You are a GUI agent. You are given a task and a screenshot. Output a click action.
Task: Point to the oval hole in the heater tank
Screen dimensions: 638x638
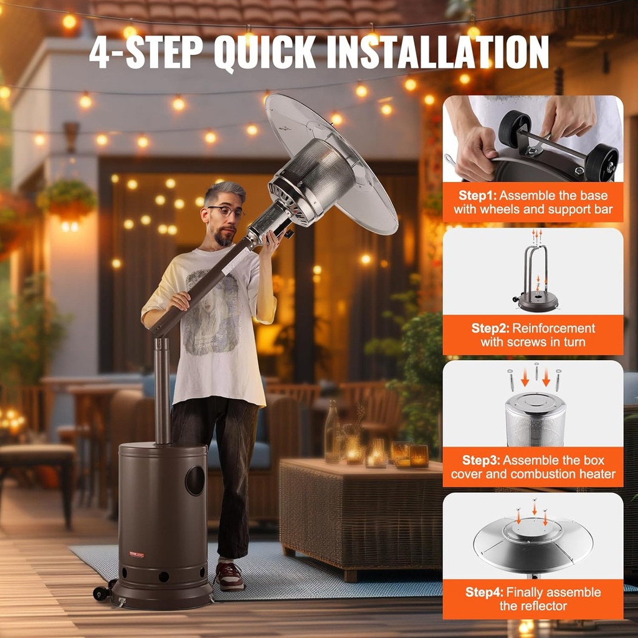click(194, 480)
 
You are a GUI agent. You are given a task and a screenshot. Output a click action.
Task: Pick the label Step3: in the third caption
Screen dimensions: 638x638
click(482, 460)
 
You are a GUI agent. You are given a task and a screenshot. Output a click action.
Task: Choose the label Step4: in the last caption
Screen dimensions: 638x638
click(485, 593)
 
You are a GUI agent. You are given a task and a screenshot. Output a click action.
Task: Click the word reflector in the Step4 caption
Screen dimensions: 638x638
click(533, 606)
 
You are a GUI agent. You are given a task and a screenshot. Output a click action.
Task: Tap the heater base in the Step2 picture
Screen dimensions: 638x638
click(538, 302)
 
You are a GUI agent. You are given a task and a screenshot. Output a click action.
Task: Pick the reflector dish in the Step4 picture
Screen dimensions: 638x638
click(533, 542)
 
